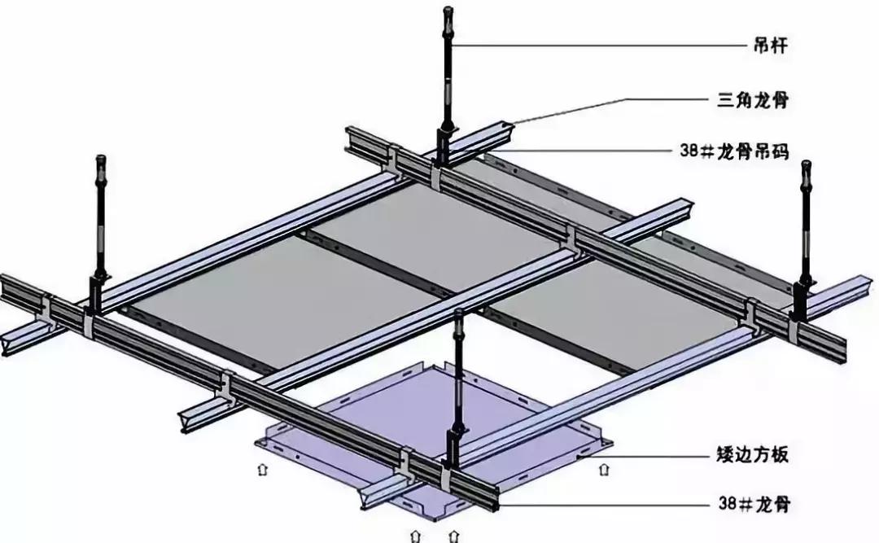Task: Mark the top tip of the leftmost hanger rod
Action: coord(101,155)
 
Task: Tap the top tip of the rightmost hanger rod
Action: coord(806,161)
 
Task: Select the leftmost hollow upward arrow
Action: coord(262,469)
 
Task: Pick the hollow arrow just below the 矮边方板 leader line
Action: coord(604,469)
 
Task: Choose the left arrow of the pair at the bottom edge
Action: coord(415,535)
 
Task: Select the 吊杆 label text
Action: coord(771,45)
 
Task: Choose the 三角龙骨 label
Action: coord(754,100)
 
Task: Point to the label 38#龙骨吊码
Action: coord(734,151)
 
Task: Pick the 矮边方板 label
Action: coord(753,454)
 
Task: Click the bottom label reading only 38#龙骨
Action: coord(754,504)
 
